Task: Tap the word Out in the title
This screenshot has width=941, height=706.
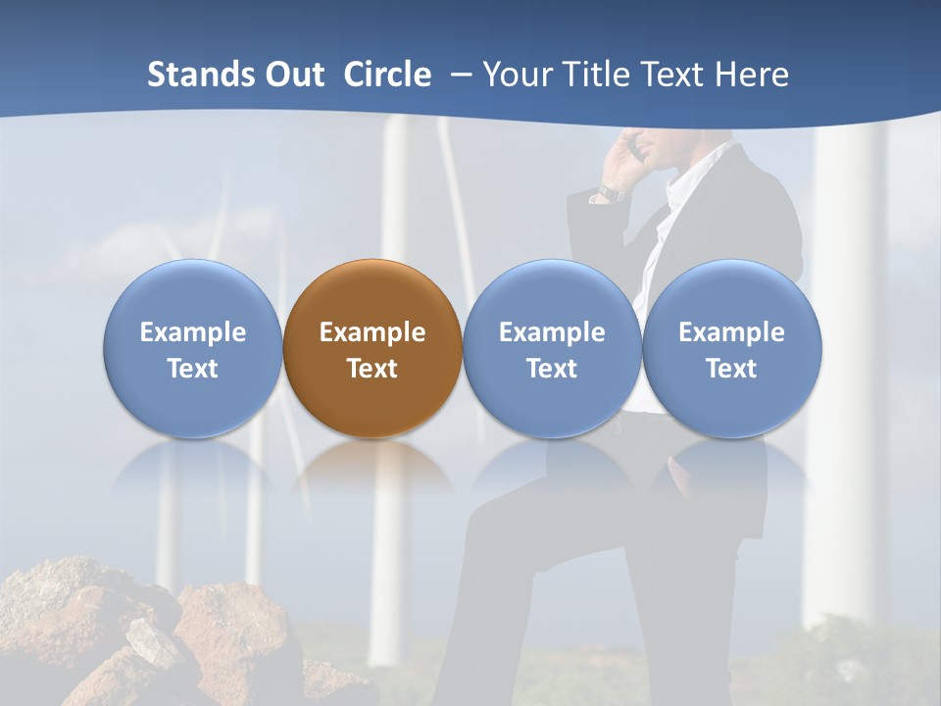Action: click(x=293, y=75)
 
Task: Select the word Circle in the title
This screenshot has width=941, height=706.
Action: click(x=387, y=75)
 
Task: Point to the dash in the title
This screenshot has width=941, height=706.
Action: click(x=461, y=76)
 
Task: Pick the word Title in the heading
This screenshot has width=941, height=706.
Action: click(x=594, y=75)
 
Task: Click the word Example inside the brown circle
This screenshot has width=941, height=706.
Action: click(x=372, y=332)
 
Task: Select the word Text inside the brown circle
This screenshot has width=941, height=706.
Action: click(x=372, y=369)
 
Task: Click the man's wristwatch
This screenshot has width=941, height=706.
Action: click(x=612, y=192)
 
